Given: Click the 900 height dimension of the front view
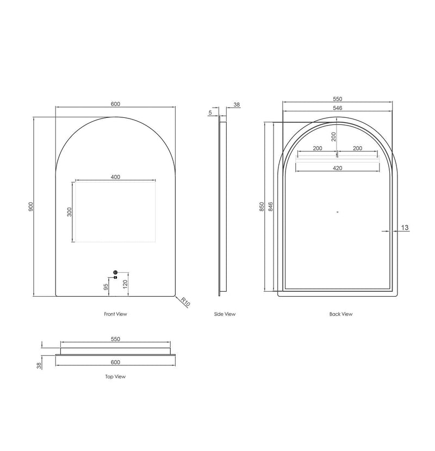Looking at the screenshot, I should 32,206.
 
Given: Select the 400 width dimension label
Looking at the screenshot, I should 115,177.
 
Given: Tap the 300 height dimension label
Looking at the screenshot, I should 69,212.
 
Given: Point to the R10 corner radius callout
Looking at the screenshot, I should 185,302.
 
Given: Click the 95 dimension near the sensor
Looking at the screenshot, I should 106,286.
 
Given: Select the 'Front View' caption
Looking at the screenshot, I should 115,314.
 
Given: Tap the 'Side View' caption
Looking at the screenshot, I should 225,314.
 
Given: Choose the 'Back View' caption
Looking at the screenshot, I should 341,314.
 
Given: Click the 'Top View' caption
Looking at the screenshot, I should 115,376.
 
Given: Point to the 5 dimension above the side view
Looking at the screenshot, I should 210,112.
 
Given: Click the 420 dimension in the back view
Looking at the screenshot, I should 337,168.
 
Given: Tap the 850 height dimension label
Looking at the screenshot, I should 262,206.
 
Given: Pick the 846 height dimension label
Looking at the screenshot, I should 270,206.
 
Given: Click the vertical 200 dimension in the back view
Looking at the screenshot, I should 334,137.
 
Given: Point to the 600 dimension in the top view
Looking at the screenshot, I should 115,362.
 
